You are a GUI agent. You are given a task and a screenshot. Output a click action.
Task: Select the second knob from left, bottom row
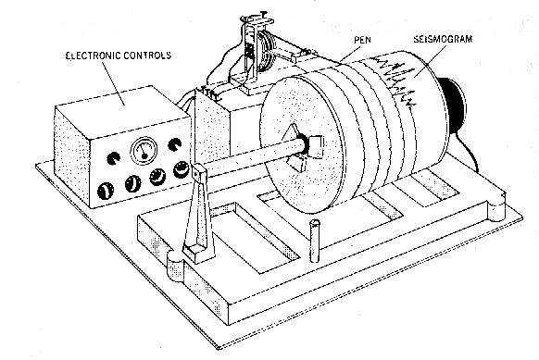pyautogui.click(x=131, y=184)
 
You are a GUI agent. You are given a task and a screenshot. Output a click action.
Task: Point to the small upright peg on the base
pyautogui.click(x=314, y=239)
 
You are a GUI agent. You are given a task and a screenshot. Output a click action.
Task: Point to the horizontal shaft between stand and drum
pyautogui.click(x=250, y=159)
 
